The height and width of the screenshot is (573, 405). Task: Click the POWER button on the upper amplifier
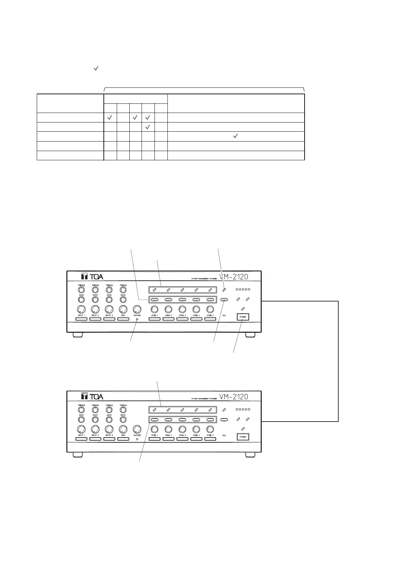(243, 317)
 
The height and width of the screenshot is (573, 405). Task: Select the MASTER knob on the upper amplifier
(137, 309)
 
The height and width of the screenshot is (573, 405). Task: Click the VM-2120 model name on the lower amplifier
(233, 396)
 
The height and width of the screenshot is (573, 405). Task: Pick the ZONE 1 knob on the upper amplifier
(155, 309)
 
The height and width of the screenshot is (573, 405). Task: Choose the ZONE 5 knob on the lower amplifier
(210, 429)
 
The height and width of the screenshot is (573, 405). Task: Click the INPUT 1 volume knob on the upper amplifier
(81, 309)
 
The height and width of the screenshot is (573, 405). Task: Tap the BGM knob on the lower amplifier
(123, 429)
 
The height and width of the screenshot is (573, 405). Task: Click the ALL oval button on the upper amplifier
(224, 300)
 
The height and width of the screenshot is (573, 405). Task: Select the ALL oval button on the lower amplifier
(224, 420)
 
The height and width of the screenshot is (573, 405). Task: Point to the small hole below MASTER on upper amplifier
(137, 320)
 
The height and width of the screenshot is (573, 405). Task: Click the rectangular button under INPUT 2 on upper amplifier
(95, 319)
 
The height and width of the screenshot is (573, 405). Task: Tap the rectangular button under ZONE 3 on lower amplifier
(182, 439)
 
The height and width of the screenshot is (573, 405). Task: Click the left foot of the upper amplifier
(78, 335)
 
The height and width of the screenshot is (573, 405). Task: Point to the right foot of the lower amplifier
(250, 455)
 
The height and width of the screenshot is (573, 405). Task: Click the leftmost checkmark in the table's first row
(110, 117)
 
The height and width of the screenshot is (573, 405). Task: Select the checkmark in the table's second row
(148, 127)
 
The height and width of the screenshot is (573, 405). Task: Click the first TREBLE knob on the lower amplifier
(81, 410)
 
